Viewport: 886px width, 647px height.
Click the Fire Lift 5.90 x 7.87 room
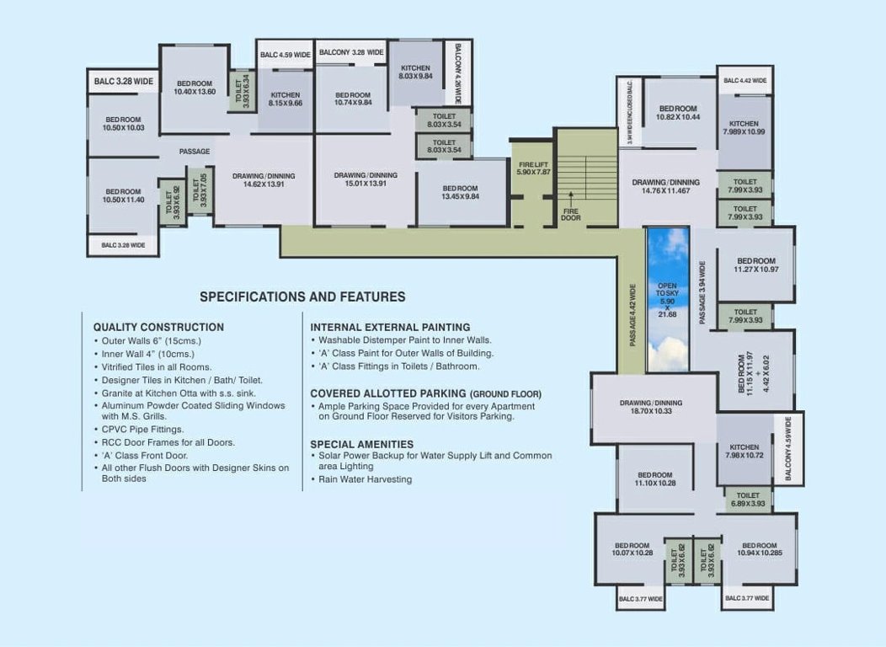click(533, 168)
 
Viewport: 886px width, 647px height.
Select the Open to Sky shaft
click(667, 299)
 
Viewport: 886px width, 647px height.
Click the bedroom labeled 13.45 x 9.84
click(460, 193)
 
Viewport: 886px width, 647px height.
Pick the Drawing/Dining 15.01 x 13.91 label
click(365, 179)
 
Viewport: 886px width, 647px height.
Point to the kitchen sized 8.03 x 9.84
click(415, 72)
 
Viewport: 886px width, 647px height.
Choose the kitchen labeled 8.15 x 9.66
click(285, 99)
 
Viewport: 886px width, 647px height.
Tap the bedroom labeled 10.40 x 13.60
click(195, 88)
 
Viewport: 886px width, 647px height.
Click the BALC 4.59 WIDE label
click(286, 55)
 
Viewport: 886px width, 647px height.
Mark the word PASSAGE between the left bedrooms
click(195, 152)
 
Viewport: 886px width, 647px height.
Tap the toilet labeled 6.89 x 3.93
click(748, 500)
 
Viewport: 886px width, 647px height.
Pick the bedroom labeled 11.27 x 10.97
click(755, 265)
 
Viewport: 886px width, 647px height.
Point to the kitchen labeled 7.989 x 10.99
click(745, 128)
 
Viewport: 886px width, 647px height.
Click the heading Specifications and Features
click(302, 297)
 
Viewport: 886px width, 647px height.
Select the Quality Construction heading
click(158, 327)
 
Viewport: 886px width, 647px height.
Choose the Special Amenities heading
click(361, 444)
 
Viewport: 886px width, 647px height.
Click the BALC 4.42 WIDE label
click(745, 81)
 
